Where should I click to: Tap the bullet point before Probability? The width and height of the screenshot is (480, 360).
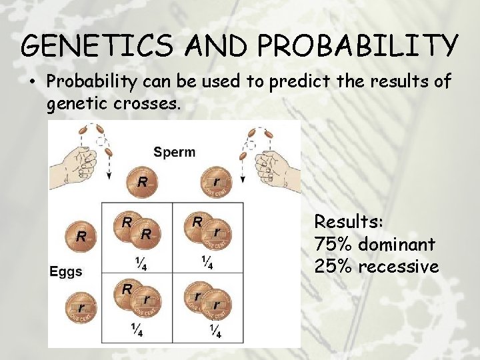click(x=31, y=83)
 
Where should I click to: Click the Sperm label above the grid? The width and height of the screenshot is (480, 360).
click(x=175, y=151)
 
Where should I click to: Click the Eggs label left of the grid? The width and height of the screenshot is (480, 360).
click(x=66, y=271)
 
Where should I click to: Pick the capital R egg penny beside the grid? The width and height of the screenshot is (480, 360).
click(x=81, y=235)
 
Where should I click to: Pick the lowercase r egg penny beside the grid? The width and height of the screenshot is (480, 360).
click(x=81, y=308)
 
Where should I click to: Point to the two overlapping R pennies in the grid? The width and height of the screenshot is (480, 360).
click(x=137, y=230)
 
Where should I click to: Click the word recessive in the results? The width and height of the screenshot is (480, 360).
click(x=398, y=267)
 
